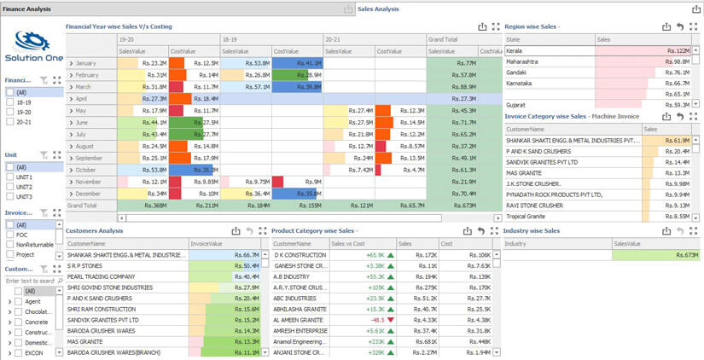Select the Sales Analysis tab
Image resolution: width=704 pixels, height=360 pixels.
tap(378, 9)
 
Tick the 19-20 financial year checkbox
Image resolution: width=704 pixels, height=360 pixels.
tap(10, 112)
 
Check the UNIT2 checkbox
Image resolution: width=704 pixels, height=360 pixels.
tap(10, 187)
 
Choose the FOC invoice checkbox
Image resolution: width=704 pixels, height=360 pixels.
tap(10, 235)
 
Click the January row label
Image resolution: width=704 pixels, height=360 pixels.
tap(85, 63)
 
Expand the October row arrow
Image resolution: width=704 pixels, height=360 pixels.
tap(71, 171)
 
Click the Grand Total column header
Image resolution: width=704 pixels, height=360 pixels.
tap(444, 39)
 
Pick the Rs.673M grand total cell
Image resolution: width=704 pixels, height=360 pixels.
tap(464, 206)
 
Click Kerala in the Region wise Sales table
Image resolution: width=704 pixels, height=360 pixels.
tap(515, 51)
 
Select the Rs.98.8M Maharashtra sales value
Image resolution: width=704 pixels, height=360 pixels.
tap(675, 62)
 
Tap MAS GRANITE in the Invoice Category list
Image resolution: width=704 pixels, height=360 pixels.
tap(523, 173)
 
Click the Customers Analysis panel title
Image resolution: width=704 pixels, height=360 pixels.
tap(94, 231)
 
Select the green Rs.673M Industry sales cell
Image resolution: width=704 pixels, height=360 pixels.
tap(655, 255)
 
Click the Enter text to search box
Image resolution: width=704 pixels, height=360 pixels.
tap(30, 281)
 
